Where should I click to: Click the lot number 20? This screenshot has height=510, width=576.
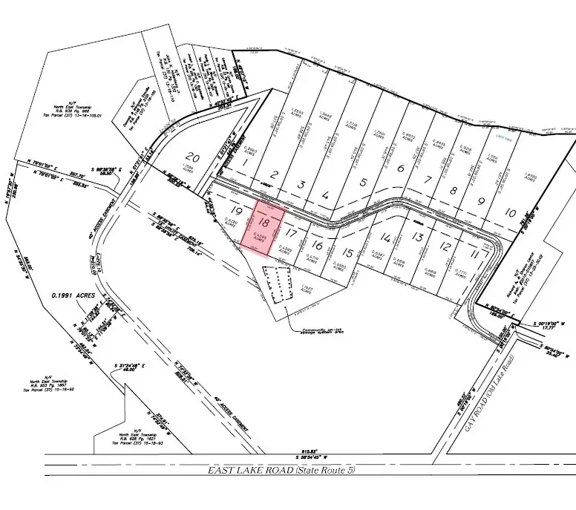192,157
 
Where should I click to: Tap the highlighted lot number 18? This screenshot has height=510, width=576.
266,222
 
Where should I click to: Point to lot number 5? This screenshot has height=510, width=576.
363,183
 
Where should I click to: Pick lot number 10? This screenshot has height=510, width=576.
510,212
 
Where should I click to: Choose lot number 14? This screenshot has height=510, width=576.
384,238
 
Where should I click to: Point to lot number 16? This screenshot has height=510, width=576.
317,246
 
